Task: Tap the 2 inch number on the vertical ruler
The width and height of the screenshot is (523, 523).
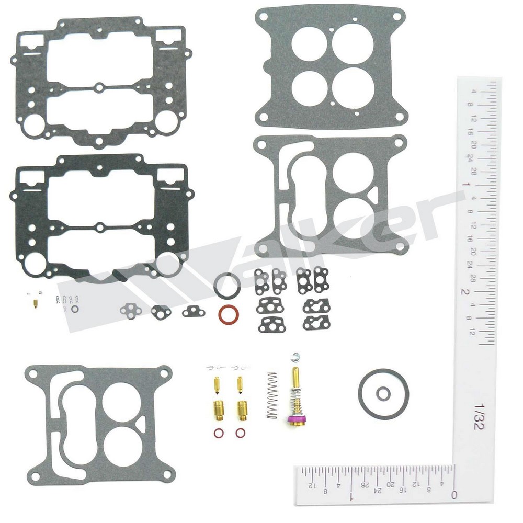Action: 463,291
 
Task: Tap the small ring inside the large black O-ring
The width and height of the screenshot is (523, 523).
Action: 384,393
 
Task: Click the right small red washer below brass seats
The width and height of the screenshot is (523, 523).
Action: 240,433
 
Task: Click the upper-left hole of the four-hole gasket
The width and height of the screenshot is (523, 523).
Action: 308,43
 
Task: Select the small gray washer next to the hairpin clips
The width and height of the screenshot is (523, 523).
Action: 75,310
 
